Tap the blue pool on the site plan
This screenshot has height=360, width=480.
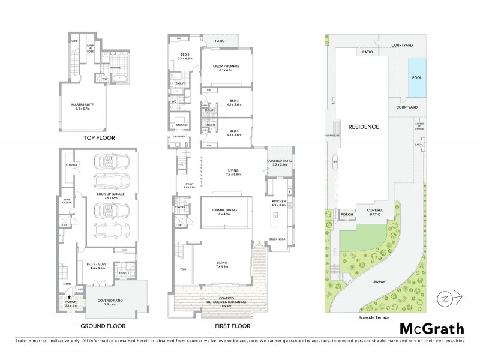click(x=417, y=77)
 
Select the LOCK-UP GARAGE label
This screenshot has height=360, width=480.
click(x=110, y=197)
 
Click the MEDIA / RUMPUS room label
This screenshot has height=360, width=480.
click(x=226, y=68)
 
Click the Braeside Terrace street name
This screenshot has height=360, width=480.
click(x=370, y=318)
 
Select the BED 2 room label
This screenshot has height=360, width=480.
click(x=184, y=56)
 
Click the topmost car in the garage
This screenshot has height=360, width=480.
click(x=110, y=161)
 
